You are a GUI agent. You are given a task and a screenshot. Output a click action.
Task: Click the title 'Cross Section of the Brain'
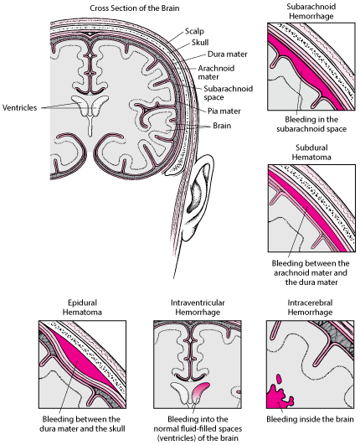[x=134, y=8]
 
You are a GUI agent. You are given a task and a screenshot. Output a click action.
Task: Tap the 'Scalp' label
[x=194, y=31]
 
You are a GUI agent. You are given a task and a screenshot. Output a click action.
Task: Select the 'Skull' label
[x=200, y=43]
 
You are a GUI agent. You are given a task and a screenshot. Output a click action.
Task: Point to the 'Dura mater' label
[x=228, y=54]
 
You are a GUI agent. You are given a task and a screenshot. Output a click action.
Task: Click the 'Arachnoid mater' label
[x=216, y=73]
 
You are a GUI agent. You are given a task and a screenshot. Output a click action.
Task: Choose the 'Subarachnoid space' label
[x=229, y=93]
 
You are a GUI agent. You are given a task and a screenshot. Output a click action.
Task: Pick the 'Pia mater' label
[x=224, y=111]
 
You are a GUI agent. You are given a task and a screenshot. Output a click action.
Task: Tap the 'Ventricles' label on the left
[x=19, y=108]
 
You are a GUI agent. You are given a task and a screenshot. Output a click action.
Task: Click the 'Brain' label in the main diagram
[x=222, y=126]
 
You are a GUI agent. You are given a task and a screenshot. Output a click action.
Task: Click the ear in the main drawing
[x=198, y=196]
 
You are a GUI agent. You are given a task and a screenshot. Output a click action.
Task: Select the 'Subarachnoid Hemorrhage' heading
[x=311, y=12]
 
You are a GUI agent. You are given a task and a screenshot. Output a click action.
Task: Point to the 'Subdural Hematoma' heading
[x=311, y=153]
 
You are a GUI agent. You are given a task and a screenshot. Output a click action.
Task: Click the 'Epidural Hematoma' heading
[x=82, y=308]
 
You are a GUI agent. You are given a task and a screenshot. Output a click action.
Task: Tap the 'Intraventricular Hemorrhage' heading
[x=198, y=308]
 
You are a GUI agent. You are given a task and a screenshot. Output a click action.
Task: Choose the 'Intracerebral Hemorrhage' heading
[x=310, y=308]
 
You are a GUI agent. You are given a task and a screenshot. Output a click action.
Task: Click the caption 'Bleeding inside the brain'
[x=310, y=419]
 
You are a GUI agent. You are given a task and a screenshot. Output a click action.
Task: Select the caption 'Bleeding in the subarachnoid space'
[x=311, y=124]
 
